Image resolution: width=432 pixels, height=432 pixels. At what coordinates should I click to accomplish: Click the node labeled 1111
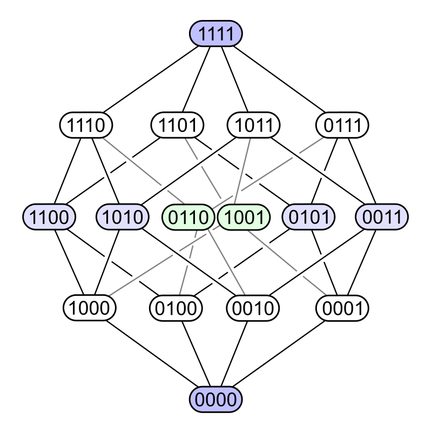click(216, 34)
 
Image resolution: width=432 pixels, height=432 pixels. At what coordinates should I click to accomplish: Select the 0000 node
click(216, 400)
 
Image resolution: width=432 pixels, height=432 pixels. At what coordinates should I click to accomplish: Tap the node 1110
click(86, 125)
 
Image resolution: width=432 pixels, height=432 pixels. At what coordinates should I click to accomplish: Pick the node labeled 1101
click(178, 125)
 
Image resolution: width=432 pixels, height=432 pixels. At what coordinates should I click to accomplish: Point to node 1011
click(254, 125)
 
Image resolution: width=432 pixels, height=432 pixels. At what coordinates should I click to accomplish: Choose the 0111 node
click(342, 125)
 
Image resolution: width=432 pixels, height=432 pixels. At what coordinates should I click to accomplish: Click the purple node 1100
click(49, 217)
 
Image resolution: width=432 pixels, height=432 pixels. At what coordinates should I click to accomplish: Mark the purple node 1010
click(123, 217)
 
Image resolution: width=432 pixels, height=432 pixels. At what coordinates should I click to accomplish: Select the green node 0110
click(188, 217)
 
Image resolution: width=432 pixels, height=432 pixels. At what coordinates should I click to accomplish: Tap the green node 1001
click(244, 217)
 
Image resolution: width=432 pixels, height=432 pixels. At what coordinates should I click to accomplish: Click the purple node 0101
click(309, 217)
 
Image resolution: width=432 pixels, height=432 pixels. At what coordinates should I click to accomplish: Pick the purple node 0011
click(382, 217)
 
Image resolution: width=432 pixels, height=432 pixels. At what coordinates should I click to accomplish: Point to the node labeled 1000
click(90, 308)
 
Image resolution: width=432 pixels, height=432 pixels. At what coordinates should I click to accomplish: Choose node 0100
click(175, 308)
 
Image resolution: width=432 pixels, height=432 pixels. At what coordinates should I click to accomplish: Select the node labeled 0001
click(342, 308)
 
